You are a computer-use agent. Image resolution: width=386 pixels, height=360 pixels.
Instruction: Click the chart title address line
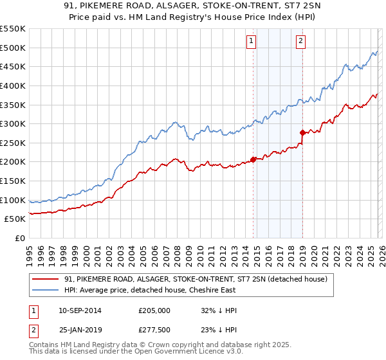coord(193,6)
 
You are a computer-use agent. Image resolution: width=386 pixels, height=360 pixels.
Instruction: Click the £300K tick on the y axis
coord(12,123)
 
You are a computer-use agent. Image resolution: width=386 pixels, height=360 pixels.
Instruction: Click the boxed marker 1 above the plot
coord(251,41)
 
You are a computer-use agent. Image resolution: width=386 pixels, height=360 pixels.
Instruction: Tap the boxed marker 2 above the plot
coord(300,41)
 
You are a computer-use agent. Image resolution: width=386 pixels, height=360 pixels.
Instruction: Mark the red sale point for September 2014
coord(253,159)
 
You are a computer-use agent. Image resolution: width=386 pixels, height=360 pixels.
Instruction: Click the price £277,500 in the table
coord(154,330)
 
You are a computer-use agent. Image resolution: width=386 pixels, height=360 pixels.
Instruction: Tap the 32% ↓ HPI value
coord(219,310)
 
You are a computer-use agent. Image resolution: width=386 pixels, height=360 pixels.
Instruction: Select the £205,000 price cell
coord(154,310)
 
